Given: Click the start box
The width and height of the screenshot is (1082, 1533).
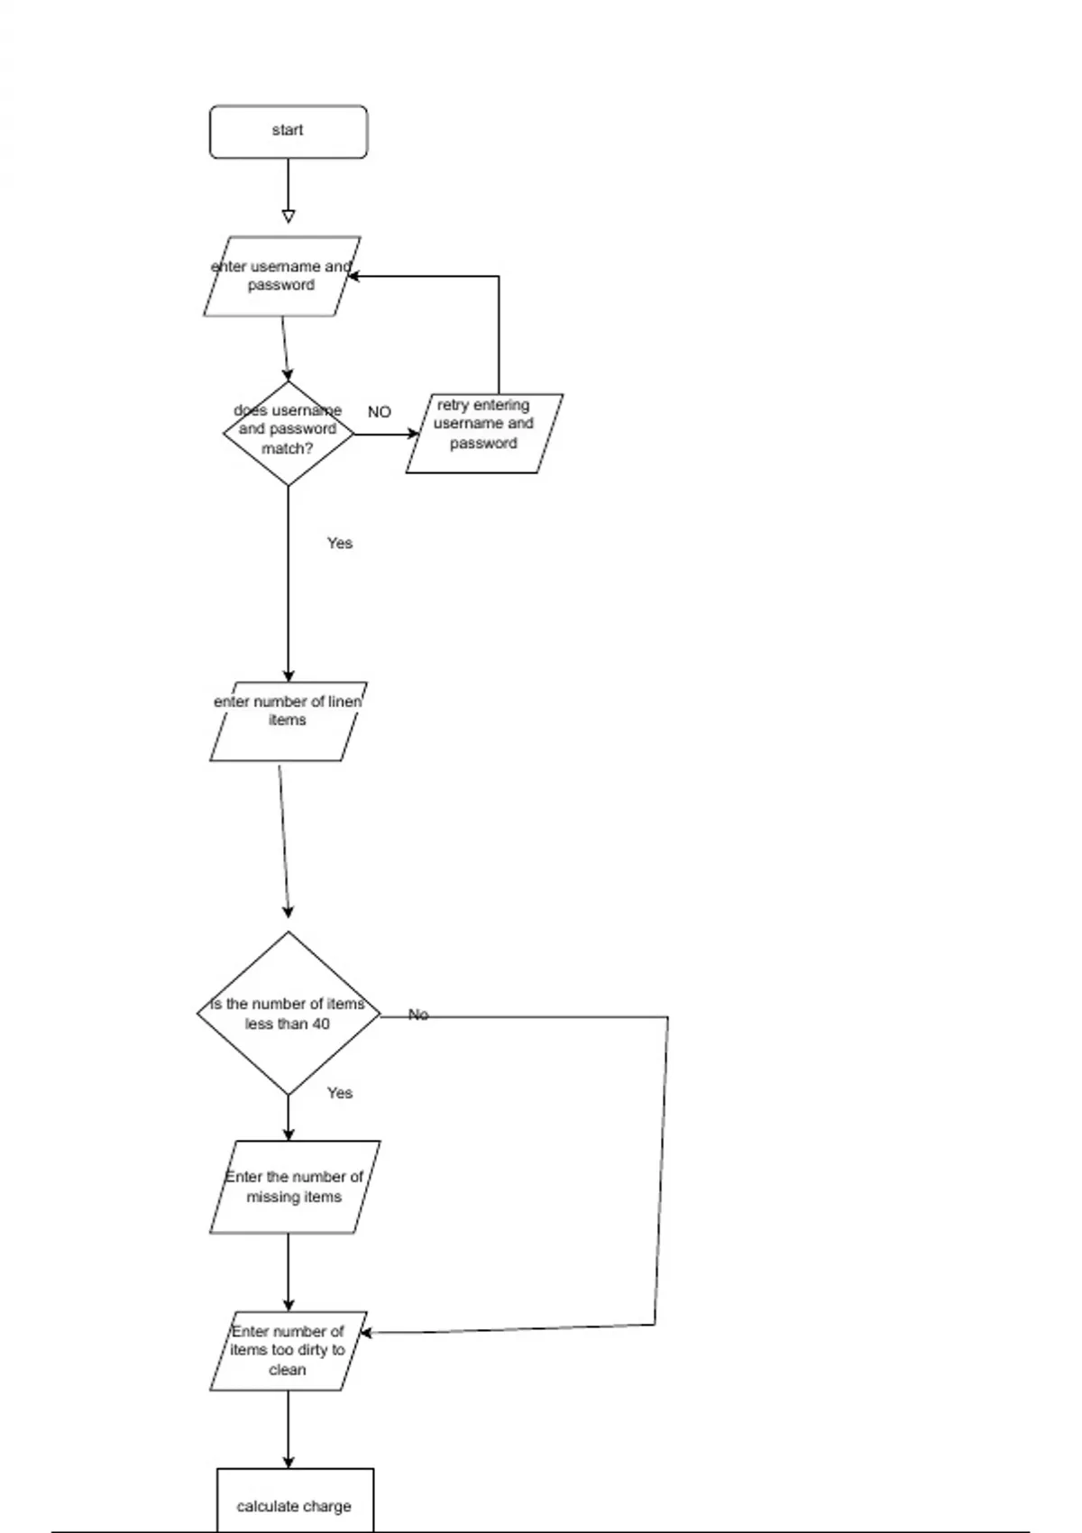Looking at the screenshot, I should tap(289, 132).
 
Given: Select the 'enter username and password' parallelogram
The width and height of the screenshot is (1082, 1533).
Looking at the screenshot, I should tap(281, 276).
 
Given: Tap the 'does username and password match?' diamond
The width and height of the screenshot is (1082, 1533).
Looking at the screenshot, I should tap(288, 433).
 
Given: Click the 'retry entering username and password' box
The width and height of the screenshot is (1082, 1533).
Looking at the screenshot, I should tap(484, 433).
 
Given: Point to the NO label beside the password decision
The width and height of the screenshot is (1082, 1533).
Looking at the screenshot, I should tap(380, 412).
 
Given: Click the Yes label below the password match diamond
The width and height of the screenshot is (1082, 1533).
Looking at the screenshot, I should tap(340, 543).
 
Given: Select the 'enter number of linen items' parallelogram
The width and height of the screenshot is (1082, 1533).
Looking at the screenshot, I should tap(288, 721).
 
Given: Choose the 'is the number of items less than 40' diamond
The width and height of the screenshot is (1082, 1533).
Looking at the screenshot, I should tap(288, 1014).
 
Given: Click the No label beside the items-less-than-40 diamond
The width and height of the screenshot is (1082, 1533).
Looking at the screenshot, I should tap(418, 1014).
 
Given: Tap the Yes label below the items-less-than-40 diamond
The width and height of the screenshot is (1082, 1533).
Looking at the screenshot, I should tap(340, 1093).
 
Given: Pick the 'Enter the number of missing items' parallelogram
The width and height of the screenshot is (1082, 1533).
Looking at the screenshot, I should tap(294, 1187).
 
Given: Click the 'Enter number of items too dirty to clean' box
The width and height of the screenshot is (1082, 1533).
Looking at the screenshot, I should tap(288, 1350).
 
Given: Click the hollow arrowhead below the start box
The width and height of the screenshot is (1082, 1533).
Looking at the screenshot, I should tap(289, 216).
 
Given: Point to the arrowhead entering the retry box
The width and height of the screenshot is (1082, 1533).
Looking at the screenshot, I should tap(413, 434).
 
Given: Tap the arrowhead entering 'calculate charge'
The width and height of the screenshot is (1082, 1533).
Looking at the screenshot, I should tap(289, 1461).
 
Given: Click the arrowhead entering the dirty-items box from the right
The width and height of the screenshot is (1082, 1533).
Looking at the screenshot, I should tap(366, 1332).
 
